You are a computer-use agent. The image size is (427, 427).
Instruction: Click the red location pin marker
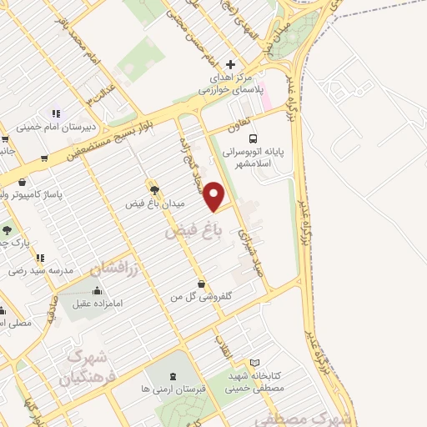pyautogui.click(x=215, y=196)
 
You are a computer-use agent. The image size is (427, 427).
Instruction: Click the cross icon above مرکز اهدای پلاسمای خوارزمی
pyautogui.click(x=231, y=65)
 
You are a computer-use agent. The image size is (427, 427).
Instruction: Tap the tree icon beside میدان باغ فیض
pyautogui.click(x=153, y=190)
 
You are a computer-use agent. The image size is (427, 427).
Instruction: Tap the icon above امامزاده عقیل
pyautogui.click(x=98, y=291)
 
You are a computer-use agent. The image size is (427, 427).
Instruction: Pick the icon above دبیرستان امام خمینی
pyautogui.click(x=57, y=113)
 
